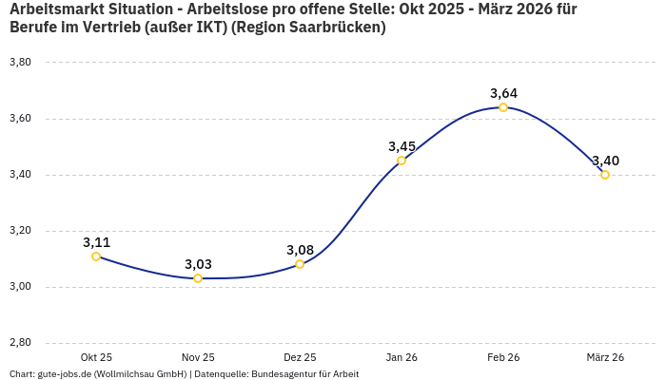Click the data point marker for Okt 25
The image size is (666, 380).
pyautogui.click(x=96, y=256)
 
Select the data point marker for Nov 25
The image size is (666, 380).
pyautogui.click(x=198, y=278)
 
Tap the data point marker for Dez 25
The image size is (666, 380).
pyautogui.click(x=300, y=264)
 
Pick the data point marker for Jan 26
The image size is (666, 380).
pyautogui.click(x=402, y=161)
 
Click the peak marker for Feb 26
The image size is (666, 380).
pyautogui.click(x=503, y=107)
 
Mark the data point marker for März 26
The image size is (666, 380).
pyautogui.click(x=605, y=175)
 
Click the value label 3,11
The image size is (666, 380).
pyautogui.click(x=96, y=242)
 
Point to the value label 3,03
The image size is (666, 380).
pyautogui.click(x=198, y=264)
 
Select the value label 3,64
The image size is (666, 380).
pyautogui.click(x=503, y=93)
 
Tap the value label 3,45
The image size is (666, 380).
pyautogui.click(x=402, y=146)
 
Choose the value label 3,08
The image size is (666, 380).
pyautogui.click(x=300, y=250)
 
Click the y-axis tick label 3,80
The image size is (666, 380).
pyautogui.click(x=20, y=63)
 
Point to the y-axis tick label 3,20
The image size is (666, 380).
pyautogui.click(x=20, y=231)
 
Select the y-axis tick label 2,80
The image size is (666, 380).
pyautogui.click(x=20, y=343)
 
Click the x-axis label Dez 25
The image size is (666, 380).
pyautogui.click(x=300, y=357)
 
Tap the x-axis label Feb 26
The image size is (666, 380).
pyautogui.click(x=503, y=357)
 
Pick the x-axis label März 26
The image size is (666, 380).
pyautogui.click(x=605, y=357)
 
